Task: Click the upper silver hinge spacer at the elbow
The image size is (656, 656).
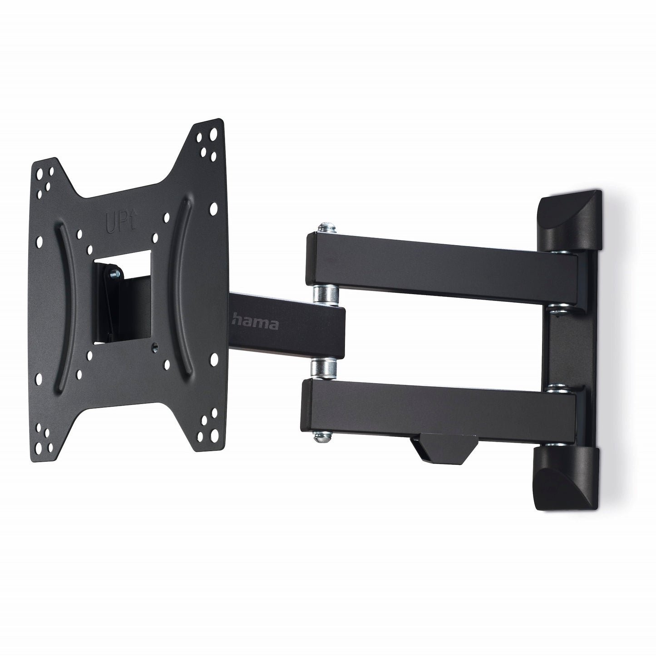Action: (x=325, y=295)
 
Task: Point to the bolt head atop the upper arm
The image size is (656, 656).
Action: (x=326, y=228)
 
